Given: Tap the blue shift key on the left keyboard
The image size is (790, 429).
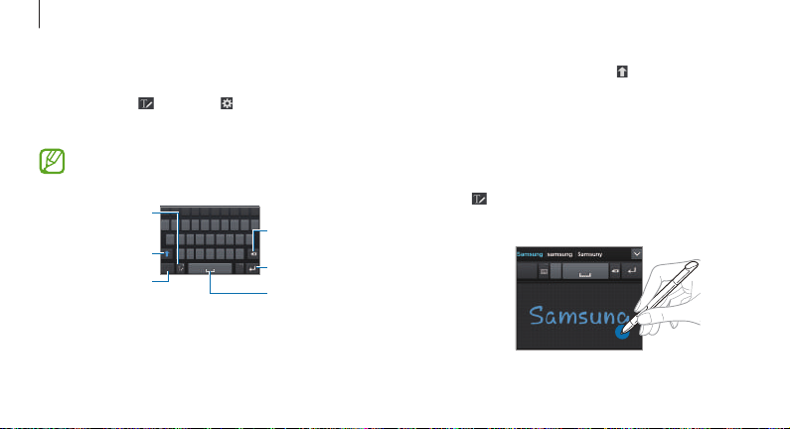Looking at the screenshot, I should (169, 254).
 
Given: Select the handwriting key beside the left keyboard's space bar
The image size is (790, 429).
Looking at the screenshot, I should (182, 268).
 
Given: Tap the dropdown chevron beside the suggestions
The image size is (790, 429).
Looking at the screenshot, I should (637, 253).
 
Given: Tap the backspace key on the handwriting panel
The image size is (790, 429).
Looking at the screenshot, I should (614, 270).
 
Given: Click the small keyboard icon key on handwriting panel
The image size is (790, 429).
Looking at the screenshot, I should (545, 270).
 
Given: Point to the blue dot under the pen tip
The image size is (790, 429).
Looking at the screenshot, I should (622, 333).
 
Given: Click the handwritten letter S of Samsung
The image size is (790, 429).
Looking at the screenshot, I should (539, 318).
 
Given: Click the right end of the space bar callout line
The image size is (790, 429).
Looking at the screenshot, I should (267, 294).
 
